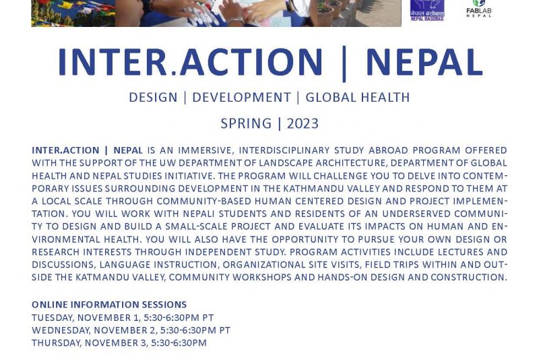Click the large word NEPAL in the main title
coord(424,62)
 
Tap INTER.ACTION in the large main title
coord(191,62)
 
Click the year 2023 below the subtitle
coord(303,123)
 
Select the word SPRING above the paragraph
coord(246,123)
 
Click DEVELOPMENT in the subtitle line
coord(242,97)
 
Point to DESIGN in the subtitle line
coord(153,97)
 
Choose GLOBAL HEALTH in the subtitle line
coord(358,97)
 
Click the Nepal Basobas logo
coord(427,10)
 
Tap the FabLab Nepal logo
coord(479,9)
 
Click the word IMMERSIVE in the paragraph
coord(205,150)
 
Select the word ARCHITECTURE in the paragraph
coord(351,163)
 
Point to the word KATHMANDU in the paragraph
coord(307,188)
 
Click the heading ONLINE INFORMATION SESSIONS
coord(109,305)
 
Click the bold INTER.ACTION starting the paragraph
coord(65,150)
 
